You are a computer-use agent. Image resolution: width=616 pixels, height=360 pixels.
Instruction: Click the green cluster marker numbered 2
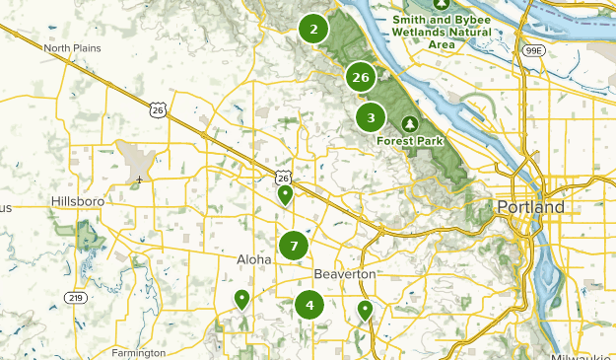click(x=313, y=30)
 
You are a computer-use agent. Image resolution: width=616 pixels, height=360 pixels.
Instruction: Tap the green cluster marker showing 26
click(x=361, y=77)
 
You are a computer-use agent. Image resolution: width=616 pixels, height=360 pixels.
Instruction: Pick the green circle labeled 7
click(x=294, y=246)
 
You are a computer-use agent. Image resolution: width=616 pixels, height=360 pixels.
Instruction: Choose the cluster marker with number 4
click(x=309, y=305)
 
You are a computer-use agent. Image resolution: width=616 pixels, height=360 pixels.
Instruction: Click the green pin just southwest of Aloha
click(x=241, y=299)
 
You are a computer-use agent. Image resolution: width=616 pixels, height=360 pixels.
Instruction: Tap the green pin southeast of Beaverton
click(x=365, y=310)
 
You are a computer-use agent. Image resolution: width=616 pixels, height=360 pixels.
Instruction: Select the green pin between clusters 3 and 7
click(x=285, y=194)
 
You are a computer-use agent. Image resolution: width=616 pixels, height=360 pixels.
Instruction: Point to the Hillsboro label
click(x=77, y=201)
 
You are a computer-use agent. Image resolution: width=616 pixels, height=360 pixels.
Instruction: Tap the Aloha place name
click(x=253, y=258)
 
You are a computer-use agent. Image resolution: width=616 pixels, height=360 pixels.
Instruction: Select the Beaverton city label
click(x=345, y=272)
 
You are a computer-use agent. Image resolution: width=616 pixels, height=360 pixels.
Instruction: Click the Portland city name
click(x=531, y=207)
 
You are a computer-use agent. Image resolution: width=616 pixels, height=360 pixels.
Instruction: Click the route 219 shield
click(x=75, y=297)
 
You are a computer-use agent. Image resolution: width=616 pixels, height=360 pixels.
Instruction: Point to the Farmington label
click(x=139, y=353)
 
